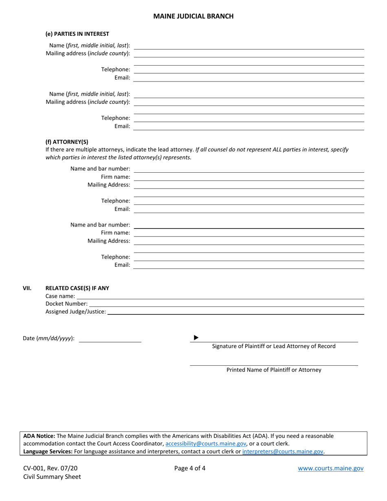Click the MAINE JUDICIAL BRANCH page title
click(193, 16)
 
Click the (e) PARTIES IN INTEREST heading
click(77, 34)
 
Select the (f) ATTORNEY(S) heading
click(66, 142)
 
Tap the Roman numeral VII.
click(27, 288)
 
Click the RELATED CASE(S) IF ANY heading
click(77, 288)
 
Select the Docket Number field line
click(226, 305)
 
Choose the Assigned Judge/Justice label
click(75, 312)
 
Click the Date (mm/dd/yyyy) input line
click(110, 341)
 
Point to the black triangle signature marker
click(196, 338)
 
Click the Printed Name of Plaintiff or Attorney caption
click(274, 370)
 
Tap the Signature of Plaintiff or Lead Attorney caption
click(274, 346)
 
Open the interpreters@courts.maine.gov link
click(283, 451)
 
